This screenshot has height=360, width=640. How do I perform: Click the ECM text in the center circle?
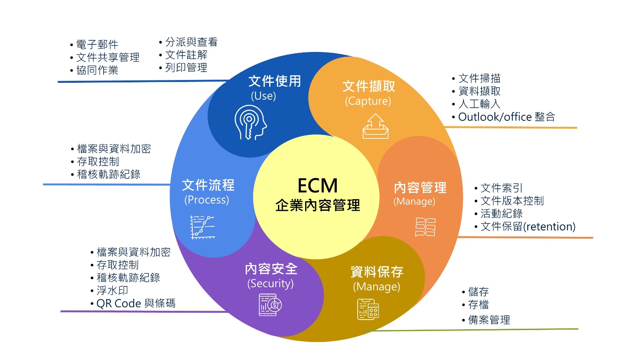click(318, 186)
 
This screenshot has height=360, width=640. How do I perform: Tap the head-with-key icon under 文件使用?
click(250, 122)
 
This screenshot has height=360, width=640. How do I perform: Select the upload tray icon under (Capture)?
click(375, 126)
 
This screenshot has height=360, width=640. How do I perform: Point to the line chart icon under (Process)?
click(202, 227)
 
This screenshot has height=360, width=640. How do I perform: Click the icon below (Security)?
click(270, 305)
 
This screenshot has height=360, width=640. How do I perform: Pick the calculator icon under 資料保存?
click(368, 309)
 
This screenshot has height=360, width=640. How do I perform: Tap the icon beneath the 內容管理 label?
click(425, 227)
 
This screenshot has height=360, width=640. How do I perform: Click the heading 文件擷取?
click(369, 86)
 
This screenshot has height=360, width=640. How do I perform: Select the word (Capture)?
click(368, 101)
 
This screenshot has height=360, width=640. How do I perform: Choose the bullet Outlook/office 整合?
click(506, 117)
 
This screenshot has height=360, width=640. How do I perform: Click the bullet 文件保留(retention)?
click(528, 226)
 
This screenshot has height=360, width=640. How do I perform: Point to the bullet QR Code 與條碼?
click(136, 303)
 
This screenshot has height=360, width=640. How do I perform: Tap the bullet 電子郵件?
click(97, 44)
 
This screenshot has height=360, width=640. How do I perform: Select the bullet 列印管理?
click(186, 68)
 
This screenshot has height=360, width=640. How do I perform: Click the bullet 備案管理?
click(489, 320)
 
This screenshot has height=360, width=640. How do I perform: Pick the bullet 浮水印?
click(112, 290)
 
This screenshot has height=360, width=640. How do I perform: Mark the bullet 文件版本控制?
click(512, 201)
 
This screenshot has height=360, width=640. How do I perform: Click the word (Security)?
click(270, 284)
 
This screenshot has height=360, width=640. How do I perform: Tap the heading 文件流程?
click(208, 185)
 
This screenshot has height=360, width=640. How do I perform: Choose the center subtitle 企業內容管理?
click(318, 205)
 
